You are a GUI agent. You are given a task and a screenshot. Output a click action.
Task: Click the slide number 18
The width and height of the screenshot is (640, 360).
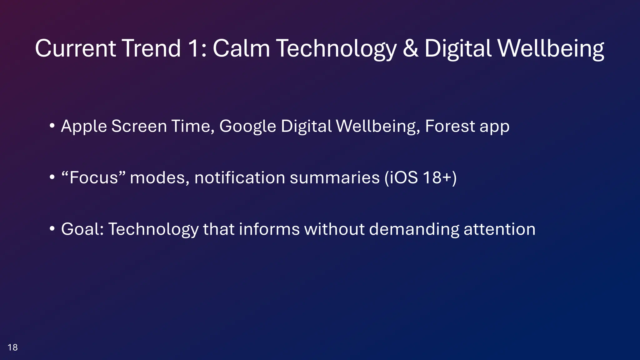coord(12,347)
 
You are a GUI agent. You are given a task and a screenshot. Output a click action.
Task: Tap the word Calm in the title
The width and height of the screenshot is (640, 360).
coord(241,48)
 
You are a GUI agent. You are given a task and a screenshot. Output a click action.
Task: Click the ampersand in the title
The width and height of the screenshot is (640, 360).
coord(411,48)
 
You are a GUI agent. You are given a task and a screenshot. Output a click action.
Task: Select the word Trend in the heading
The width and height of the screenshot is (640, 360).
coord(151,48)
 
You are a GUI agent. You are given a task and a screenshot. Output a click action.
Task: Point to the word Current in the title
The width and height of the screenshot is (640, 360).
coord(75,48)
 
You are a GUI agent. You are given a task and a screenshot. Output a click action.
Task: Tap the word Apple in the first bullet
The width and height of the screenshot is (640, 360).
coord(84,127)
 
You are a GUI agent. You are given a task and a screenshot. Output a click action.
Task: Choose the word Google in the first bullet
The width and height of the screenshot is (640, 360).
coord(247,127)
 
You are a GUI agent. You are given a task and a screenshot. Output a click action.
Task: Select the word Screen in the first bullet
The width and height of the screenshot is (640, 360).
coord(139,127)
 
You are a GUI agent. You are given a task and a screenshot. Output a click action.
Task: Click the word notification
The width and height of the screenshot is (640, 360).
coord(240,178)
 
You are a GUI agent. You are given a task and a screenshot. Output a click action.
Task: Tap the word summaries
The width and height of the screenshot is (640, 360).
coord(335,178)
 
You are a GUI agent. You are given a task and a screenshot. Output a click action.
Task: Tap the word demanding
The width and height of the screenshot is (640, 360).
coord(414,229)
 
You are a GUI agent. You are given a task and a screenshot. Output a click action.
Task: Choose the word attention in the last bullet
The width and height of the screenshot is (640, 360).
coord(499,229)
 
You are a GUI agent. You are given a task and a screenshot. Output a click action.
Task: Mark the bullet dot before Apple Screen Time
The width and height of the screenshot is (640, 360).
coord(52,126)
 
